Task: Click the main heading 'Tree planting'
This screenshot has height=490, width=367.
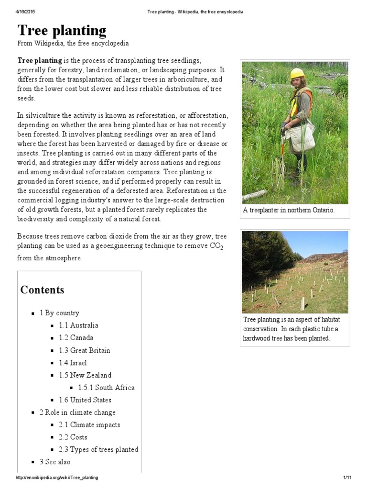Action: [x=62, y=31]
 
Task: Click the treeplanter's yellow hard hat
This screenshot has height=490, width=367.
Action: [x=297, y=73]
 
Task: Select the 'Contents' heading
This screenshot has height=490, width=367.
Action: [x=42, y=290]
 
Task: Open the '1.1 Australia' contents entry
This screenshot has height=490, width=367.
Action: [x=78, y=325]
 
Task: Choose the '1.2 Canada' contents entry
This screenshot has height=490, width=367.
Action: [x=76, y=338]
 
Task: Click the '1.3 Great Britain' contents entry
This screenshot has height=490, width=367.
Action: [x=85, y=350]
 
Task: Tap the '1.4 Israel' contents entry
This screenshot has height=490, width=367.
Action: [x=73, y=363]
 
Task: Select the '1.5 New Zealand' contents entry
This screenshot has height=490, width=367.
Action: [x=85, y=375]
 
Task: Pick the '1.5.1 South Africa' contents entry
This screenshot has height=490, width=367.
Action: [x=106, y=388]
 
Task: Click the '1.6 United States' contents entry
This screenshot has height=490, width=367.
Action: [x=85, y=400]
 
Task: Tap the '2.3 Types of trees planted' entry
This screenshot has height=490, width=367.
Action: [x=98, y=450]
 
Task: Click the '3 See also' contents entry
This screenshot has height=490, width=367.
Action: [x=55, y=462]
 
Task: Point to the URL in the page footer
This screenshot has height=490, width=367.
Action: [x=57, y=478]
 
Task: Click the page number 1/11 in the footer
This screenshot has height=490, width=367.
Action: [x=347, y=478]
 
